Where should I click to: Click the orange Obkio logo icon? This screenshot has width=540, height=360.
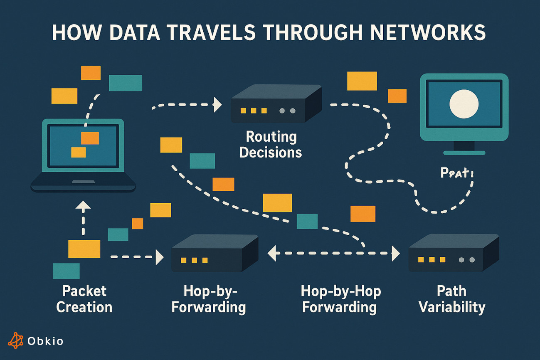pos(16,340)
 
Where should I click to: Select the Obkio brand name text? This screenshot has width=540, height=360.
pos(45,341)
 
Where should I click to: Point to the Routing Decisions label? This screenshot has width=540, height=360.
pos(271,144)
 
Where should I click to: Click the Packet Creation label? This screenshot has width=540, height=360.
pos(84,299)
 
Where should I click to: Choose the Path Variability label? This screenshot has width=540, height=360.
pos(451,299)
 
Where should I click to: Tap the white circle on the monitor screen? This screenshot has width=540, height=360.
pos(464,104)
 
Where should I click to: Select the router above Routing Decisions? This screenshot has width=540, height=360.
pos(276,104)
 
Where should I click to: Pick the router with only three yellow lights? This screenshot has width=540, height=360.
pos(215,253)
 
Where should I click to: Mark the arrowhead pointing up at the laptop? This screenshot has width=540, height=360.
pos(84,205)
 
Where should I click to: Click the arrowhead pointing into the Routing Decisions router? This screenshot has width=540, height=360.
pos(217,105)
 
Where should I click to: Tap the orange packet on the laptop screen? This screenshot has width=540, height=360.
pos(90,138)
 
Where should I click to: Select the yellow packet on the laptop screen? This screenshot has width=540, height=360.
pos(79,152)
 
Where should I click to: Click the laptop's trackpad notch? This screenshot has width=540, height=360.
pos(83,182)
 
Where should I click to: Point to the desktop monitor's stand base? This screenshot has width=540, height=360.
pos(464,153)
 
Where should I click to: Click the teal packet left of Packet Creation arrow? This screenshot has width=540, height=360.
pos(66,271)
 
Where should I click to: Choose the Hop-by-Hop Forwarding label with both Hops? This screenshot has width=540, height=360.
pos(340,299)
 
